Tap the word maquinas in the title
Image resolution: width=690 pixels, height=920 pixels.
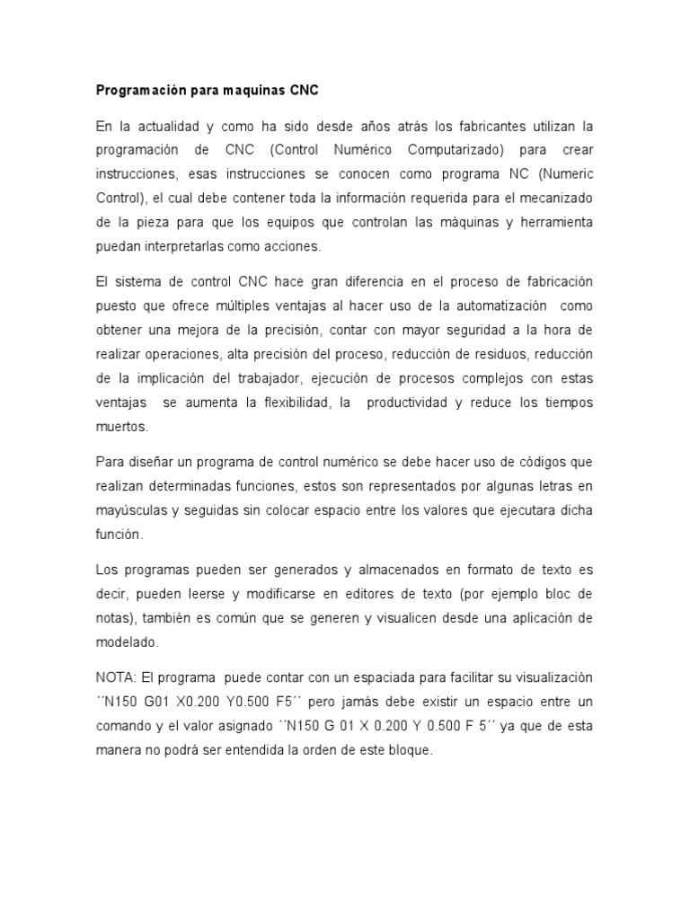[249, 91]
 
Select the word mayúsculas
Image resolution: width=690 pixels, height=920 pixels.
[130, 510]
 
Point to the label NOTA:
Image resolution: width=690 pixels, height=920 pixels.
[114, 677]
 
